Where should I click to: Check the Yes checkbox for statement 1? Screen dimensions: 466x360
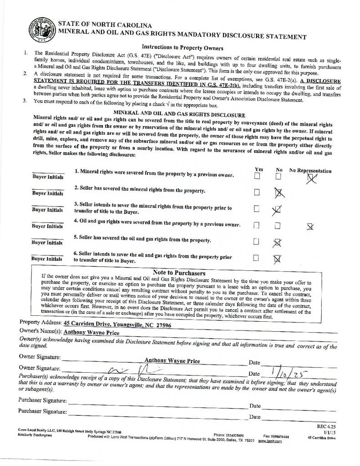[258, 176]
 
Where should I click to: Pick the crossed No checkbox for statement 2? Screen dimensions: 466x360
[279, 193]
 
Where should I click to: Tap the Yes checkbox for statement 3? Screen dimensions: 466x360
[257, 209]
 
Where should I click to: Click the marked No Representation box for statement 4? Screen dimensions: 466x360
[310, 226]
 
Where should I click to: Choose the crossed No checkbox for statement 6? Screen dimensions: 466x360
[277, 258]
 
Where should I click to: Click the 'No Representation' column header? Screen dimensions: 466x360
[310, 171]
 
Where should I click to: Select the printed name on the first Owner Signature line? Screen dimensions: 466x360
[172, 361]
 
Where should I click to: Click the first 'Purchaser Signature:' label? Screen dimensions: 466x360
[42, 400]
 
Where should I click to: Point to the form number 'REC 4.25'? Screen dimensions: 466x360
[325, 426]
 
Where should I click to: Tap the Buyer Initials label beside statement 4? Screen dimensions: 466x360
[47, 226]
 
